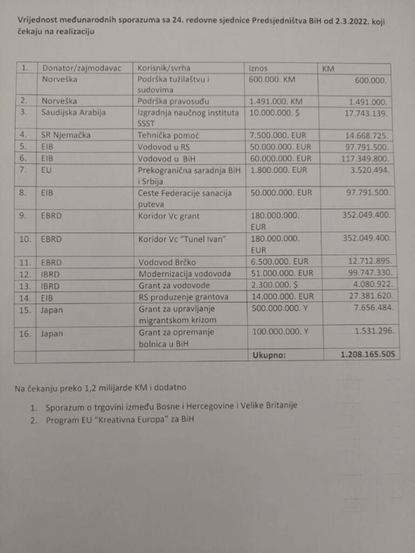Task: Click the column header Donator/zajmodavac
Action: click(78, 69)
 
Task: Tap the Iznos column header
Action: click(258, 69)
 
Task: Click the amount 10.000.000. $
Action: click(273, 112)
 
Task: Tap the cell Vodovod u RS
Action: click(163, 146)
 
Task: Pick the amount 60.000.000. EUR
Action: click(280, 158)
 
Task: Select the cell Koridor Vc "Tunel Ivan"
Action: click(175, 238)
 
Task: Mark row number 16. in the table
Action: click(25, 333)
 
